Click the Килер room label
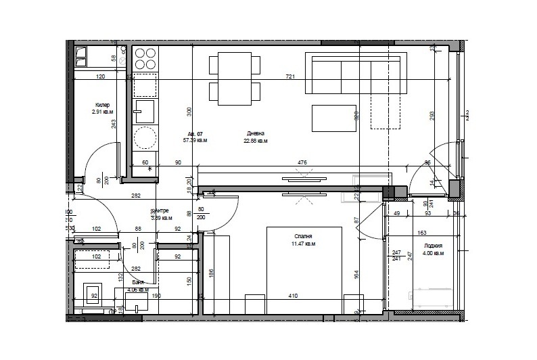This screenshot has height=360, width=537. (x=103, y=106)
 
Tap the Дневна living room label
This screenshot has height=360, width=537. (x=256, y=133)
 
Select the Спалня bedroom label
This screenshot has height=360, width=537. (x=304, y=236)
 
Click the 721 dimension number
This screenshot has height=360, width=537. (x=290, y=77)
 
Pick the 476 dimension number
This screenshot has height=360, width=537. (x=302, y=162)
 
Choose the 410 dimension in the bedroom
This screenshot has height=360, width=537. (x=293, y=296)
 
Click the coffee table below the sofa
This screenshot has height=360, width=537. (x=334, y=118)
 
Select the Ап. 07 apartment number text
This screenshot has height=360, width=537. (x=195, y=134)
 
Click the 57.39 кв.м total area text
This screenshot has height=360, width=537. (x=195, y=141)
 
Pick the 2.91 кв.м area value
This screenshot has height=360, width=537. (x=103, y=112)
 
